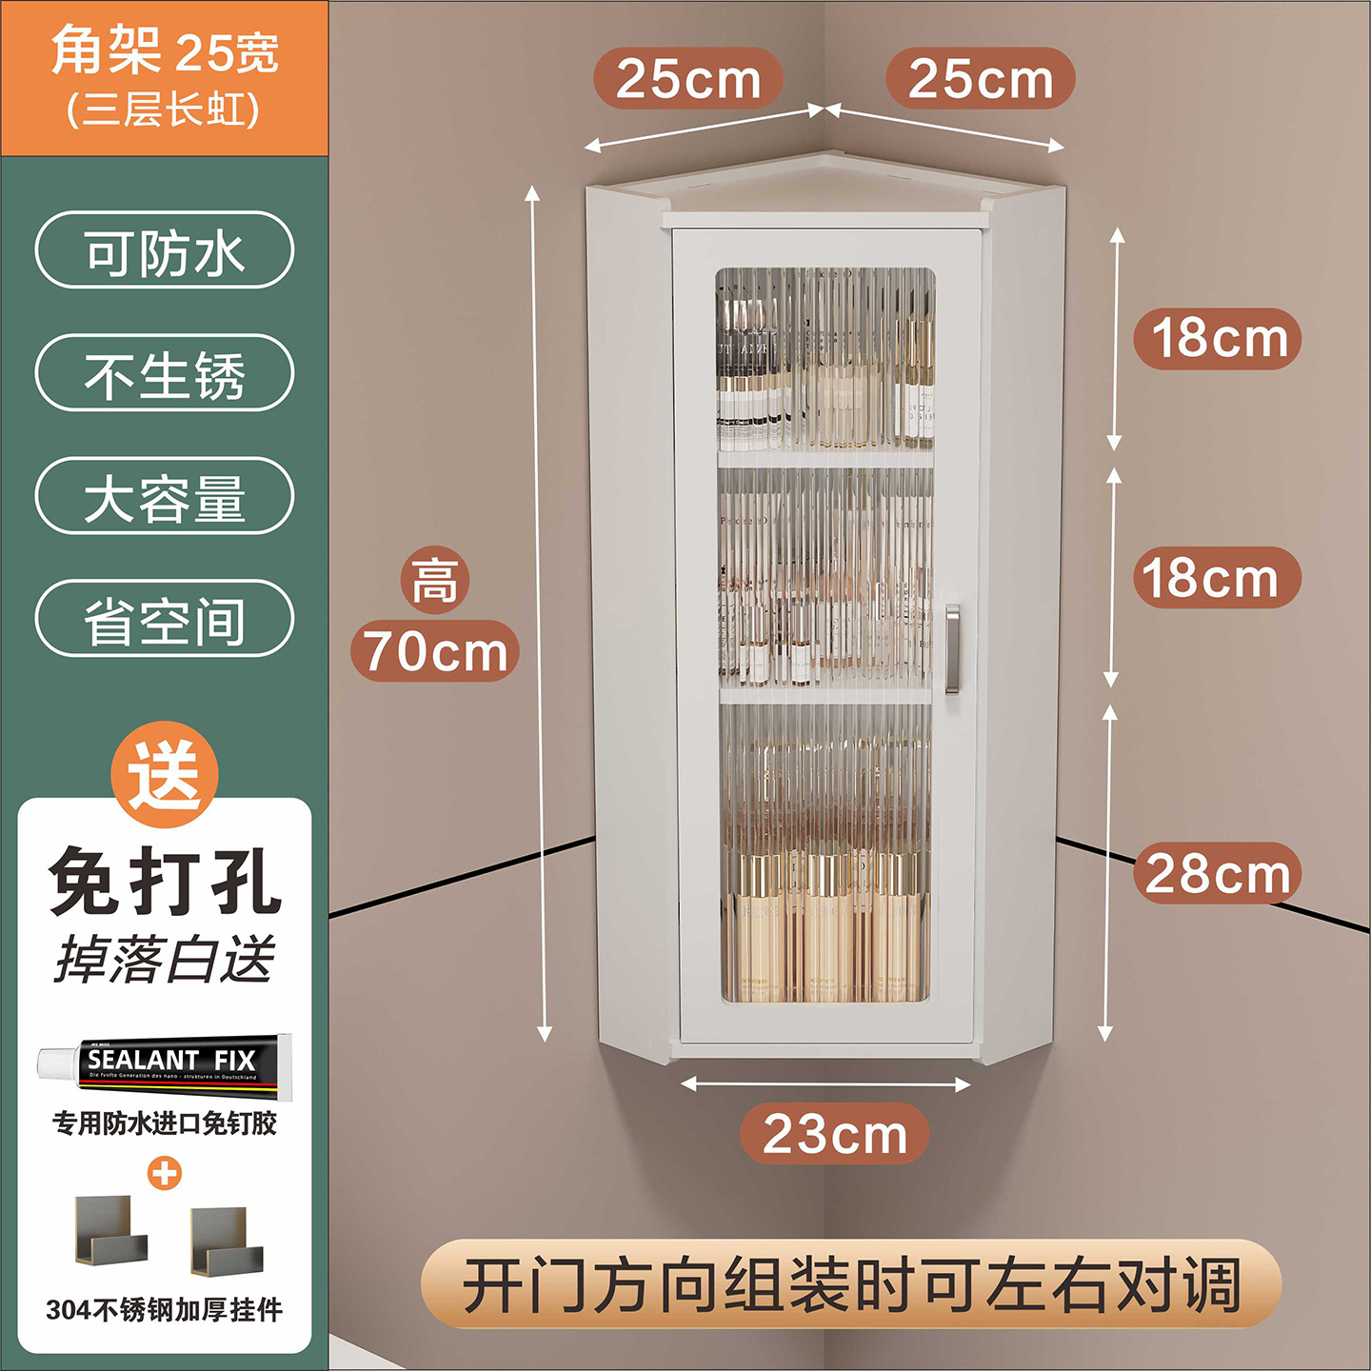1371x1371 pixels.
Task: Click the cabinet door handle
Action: pyautogui.click(x=952, y=647)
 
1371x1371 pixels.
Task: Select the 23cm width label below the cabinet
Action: pyautogui.click(x=834, y=1133)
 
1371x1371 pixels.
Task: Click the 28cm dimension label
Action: pyautogui.click(x=1217, y=873)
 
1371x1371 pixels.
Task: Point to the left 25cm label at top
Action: pyautogui.click(x=687, y=78)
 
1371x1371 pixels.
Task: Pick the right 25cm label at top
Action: pyautogui.click(x=980, y=78)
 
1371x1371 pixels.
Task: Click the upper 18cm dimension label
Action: pyautogui.click(x=1218, y=338)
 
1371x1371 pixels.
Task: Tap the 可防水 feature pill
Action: pyautogui.click(x=165, y=250)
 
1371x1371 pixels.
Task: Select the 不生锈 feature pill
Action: pyautogui.click(x=165, y=373)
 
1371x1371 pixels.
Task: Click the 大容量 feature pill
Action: pyautogui.click(x=165, y=496)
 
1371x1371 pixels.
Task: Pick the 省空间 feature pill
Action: pyautogui.click(x=165, y=619)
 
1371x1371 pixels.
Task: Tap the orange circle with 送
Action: pyautogui.click(x=165, y=774)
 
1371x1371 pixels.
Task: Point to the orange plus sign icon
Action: pyautogui.click(x=165, y=1173)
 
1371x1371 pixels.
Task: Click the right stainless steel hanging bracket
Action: pyautogui.click(x=226, y=1240)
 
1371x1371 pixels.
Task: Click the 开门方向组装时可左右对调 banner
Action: pyautogui.click(x=851, y=1284)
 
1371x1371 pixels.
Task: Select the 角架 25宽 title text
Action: pyautogui.click(x=165, y=52)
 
